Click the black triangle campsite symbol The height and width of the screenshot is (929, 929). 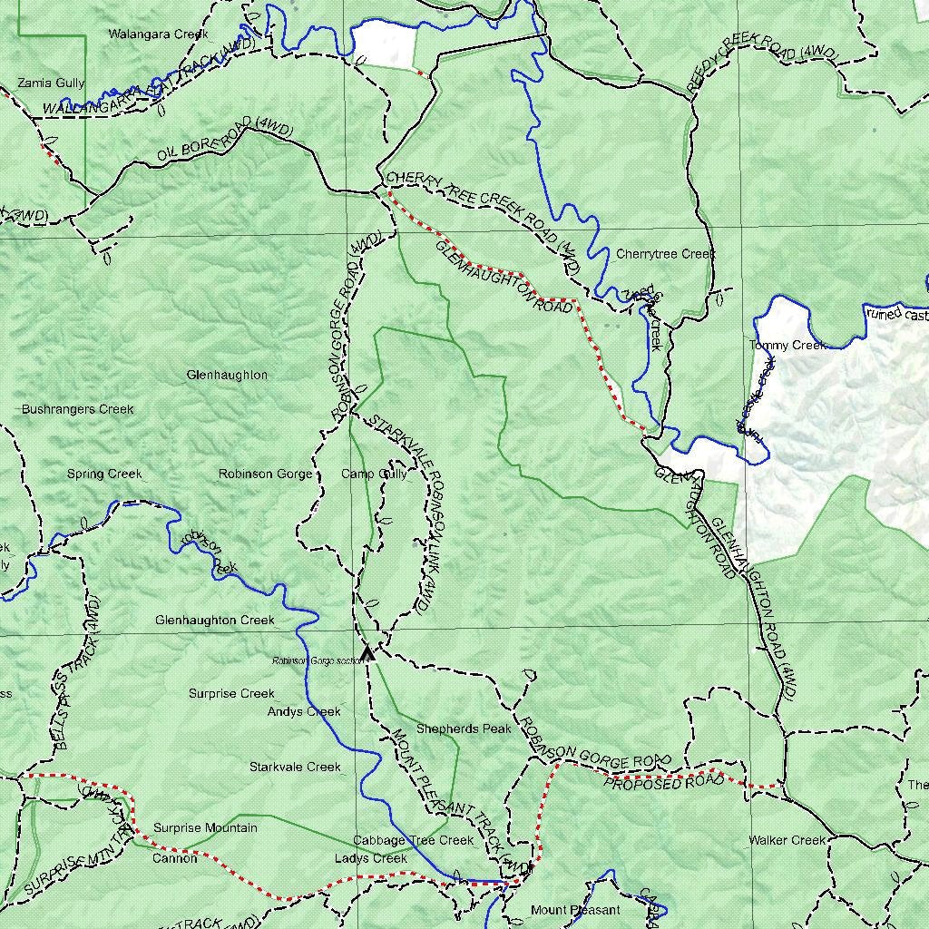pos(367,653)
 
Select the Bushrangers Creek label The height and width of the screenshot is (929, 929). pos(78,409)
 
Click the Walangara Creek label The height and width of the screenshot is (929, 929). pos(158,34)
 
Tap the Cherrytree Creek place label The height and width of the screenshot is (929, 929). pos(665,254)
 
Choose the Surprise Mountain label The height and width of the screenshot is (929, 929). pos(205,827)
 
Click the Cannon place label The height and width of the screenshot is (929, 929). pos(174,858)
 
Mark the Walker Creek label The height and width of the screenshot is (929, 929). pos(787,840)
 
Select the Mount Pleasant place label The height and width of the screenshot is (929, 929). pos(575,910)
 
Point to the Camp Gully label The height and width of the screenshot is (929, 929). pos(374,474)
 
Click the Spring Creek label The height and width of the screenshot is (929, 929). pos(104,474)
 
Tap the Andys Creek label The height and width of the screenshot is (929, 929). pos(304,712)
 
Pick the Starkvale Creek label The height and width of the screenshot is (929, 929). pos(295,767)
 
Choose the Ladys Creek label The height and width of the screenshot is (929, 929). pos(370,858)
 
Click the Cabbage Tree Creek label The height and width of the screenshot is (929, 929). pos(413,841)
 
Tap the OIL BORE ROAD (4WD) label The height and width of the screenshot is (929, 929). pos(224,141)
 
